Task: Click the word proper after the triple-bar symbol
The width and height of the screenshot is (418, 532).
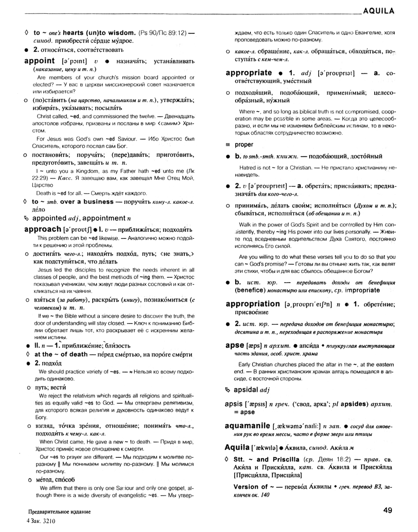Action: (x=244, y=144)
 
